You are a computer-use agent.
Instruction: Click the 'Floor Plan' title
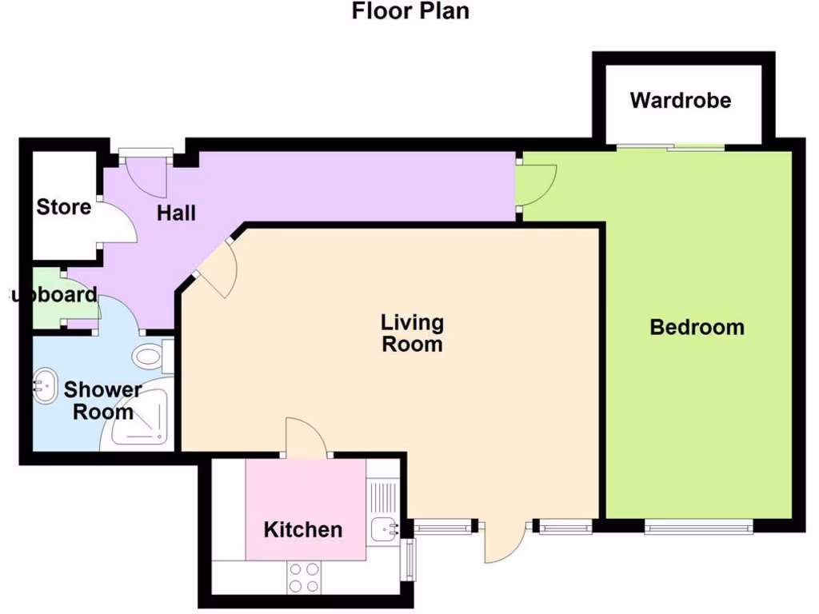[x=410, y=12]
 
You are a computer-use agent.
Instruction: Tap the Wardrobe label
[x=680, y=101]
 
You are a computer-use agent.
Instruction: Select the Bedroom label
[x=697, y=327]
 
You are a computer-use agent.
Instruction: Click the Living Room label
[x=412, y=333]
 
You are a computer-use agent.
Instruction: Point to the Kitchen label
[x=303, y=529]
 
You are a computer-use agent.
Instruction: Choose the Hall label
[x=176, y=213]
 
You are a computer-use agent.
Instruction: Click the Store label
[x=64, y=207]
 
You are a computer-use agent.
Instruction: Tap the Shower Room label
[x=102, y=401]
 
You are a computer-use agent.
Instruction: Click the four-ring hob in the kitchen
[x=304, y=578]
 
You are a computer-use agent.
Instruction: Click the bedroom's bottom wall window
[x=698, y=525]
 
